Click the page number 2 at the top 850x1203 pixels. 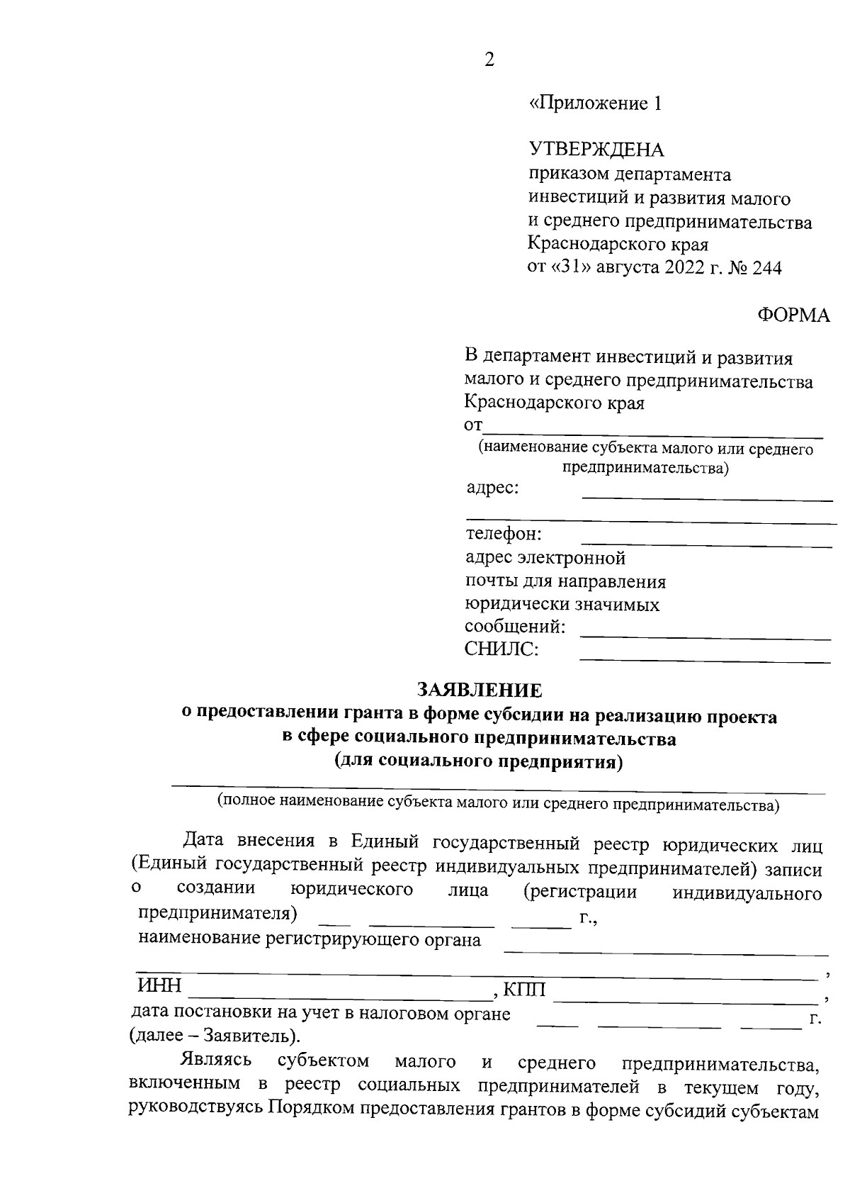[x=489, y=60]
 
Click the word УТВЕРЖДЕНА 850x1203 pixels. [x=596, y=150]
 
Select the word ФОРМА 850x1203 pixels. [x=793, y=315]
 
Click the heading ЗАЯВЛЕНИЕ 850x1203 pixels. [x=479, y=690]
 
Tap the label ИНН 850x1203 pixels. [x=159, y=986]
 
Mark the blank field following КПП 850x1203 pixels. [x=684, y=1000]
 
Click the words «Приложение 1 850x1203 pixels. [x=596, y=104]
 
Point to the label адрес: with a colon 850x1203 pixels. [x=492, y=488]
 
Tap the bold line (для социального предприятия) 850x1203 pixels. [x=478, y=762]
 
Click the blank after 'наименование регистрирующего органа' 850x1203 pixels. [x=665, y=953]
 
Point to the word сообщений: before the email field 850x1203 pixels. [x=514, y=627]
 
